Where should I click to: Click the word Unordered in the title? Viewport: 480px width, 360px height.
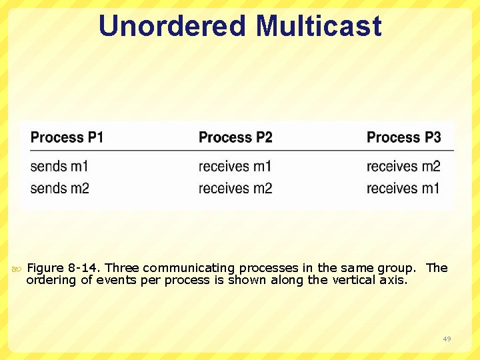[173, 26]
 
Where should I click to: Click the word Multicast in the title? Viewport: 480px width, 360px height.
[319, 26]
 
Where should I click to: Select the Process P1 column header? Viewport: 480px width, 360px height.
[67, 137]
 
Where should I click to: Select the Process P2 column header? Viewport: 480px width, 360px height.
[235, 137]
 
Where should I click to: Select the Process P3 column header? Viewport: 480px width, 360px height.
[403, 137]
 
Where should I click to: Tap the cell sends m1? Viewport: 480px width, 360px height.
[59, 166]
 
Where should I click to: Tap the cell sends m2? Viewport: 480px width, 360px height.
[59, 188]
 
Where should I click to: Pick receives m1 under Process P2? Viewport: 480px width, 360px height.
[235, 166]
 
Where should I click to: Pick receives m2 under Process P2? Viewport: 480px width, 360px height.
[235, 188]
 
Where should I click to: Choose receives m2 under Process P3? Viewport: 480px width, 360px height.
[403, 166]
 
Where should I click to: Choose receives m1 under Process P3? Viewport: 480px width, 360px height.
[403, 188]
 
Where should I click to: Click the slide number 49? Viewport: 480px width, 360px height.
[447, 339]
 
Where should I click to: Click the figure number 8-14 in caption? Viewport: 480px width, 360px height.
[83, 268]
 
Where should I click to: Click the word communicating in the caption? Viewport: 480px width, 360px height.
[178, 268]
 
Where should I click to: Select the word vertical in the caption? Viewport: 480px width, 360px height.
[352, 280]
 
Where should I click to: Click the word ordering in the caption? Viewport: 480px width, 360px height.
[51, 280]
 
